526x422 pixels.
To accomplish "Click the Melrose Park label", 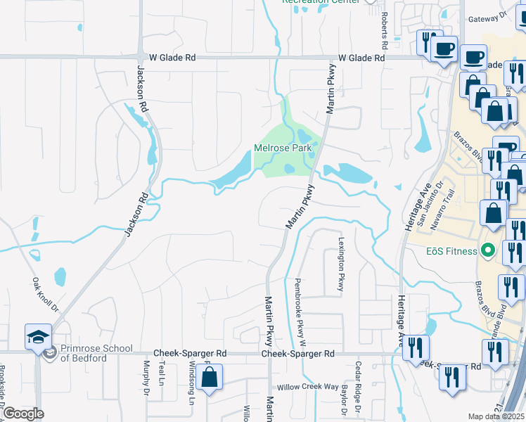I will tap(282, 148).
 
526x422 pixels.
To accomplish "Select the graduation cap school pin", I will tap(38, 337).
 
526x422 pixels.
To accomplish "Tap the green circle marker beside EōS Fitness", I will tap(487, 251).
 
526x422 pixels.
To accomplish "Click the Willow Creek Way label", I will tap(308, 387).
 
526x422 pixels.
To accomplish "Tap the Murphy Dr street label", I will tap(147, 378).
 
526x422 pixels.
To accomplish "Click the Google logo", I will tap(23, 414).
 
